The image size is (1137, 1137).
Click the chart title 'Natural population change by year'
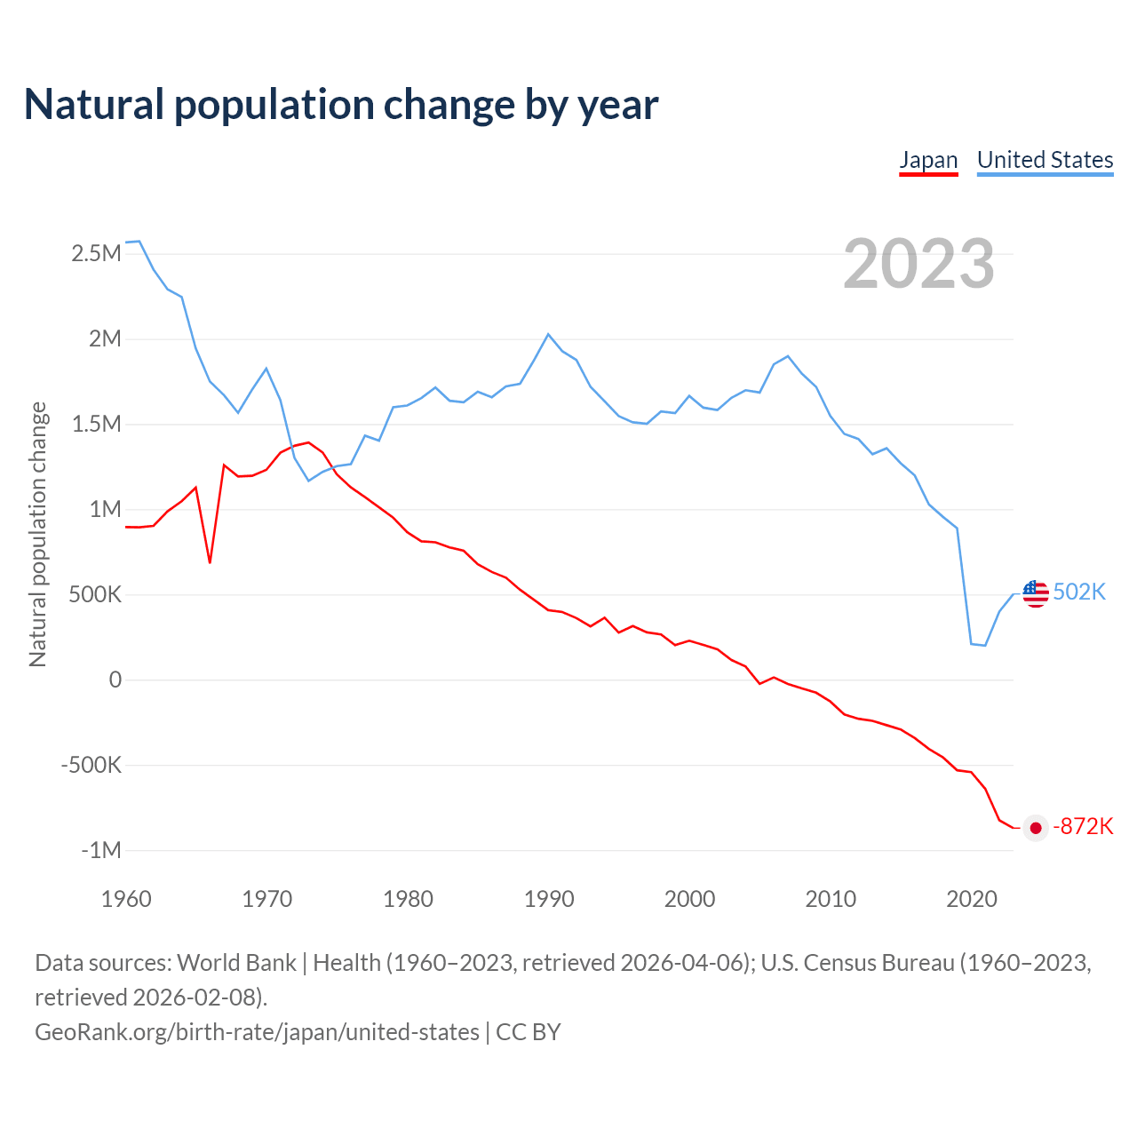(x=341, y=105)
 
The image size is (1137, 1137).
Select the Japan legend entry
(x=928, y=160)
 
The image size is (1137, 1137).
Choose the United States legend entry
(x=1045, y=160)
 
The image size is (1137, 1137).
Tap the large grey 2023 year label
(x=918, y=264)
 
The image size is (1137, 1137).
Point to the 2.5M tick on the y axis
(x=96, y=254)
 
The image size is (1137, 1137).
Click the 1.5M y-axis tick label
(x=96, y=425)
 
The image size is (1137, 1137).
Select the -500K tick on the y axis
(x=91, y=766)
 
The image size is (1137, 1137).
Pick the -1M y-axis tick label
(x=100, y=851)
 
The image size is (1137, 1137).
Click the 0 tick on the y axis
(x=115, y=680)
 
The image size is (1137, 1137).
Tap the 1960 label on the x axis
(x=126, y=899)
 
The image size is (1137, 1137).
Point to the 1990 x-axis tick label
(x=549, y=899)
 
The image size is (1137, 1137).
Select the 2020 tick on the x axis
(x=972, y=899)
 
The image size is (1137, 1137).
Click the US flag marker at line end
(x=1036, y=593)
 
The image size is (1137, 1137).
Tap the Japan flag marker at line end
(x=1036, y=828)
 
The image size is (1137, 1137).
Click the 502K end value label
(x=1079, y=592)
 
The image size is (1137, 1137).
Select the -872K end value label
(x=1083, y=827)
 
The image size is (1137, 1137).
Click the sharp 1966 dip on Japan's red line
(x=210, y=562)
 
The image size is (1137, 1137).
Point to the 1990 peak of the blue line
(x=548, y=334)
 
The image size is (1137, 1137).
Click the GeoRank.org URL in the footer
(x=257, y=1032)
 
